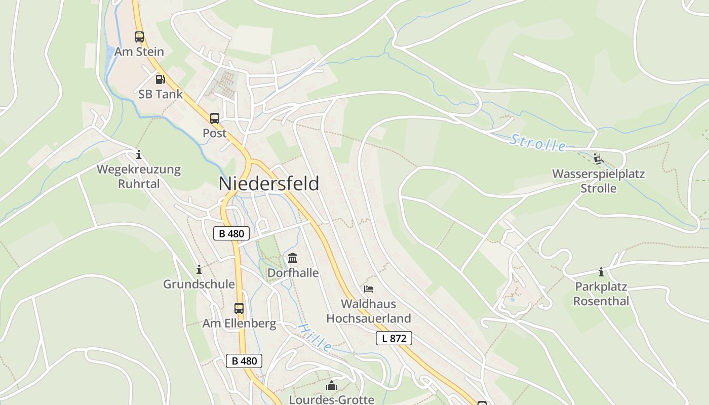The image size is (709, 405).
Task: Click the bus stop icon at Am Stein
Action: pyautogui.click(x=139, y=36)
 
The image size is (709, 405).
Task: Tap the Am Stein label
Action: pyautogui.click(x=139, y=52)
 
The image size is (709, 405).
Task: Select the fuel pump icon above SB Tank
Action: pyautogui.click(x=160, y=79)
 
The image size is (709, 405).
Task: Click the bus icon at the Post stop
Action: pyautogui.click(x=215, y=118)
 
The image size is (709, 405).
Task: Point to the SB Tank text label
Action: pyautogui.click(x=161, y=94)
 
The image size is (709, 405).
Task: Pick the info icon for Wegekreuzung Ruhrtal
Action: pyautogui.click(x=139, y=154)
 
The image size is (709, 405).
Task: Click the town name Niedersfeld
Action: pyautogui.click(x=269, y=183)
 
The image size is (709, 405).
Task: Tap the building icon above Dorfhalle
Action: pyautogui.click(x=293, y=258)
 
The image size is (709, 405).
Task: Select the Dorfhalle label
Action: pyautogui.click(x=293, y=273)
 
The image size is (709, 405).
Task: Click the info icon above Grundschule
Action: pyautogui.click(x=199, y=269)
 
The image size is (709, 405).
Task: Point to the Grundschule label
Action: pyautogui.click(x=199, y=284)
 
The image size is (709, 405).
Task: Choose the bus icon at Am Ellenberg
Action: pyautogui.click(x=239, y=308)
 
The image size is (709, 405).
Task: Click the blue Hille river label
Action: pyautogui.click(x=314, y=338)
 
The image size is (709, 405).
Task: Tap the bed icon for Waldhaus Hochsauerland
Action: pyautogui.click(x=369, y=289)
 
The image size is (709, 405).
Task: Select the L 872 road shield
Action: pyautogui.click(x=394, y=338)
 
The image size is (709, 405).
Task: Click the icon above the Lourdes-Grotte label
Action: pyautogui.click(x=332, y=386)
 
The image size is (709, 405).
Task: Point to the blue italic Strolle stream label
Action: pyautogui.click(x=538, y=142)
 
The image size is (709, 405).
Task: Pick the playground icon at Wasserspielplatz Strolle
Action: pyautogui.click(x=599, y=159)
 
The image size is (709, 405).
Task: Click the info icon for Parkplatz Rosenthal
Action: pyautogui.click(x=601, y=272)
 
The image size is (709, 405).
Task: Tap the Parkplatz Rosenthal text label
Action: pyautogui.click(x=601, y=294)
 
